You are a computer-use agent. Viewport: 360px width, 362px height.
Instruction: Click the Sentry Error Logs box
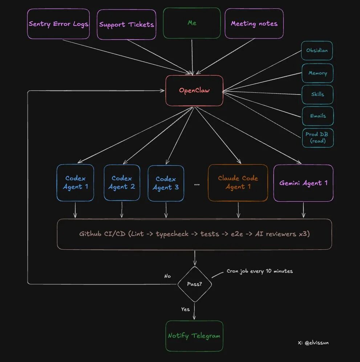click(58, 24)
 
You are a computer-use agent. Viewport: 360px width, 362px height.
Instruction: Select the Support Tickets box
click(126, 24)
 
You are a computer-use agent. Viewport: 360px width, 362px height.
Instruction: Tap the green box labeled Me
click(192, 23)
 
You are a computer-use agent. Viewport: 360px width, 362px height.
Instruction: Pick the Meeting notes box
click(254, 24)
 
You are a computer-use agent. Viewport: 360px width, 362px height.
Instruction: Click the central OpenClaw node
click(194, 90)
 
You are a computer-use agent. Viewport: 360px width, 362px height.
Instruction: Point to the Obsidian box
click(317, 51)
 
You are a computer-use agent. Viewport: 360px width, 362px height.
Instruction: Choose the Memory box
click(317, 73)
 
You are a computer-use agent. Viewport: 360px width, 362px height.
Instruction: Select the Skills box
click(317, 94)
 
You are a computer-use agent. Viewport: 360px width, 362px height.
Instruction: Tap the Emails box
click(318, 116)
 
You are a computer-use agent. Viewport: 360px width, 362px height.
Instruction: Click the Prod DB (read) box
click(318, 138)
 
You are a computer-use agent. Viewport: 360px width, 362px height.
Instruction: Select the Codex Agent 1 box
click(75, 183)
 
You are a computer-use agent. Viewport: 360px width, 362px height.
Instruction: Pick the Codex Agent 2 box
click(122, 183)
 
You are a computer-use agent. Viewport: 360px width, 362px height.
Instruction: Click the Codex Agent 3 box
click(166, 183)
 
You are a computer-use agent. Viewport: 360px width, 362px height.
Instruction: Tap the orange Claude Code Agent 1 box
click(238, 183)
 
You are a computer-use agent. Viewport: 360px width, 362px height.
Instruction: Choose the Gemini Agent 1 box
click(303, 183)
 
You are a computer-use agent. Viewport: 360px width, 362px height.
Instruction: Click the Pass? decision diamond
click(194, 284)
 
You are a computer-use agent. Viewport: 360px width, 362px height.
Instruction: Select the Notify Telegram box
click(194, 336)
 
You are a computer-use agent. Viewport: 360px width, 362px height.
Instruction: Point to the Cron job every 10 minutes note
click(259, 271)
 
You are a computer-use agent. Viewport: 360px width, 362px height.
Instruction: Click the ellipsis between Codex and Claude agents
click(197, 185)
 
